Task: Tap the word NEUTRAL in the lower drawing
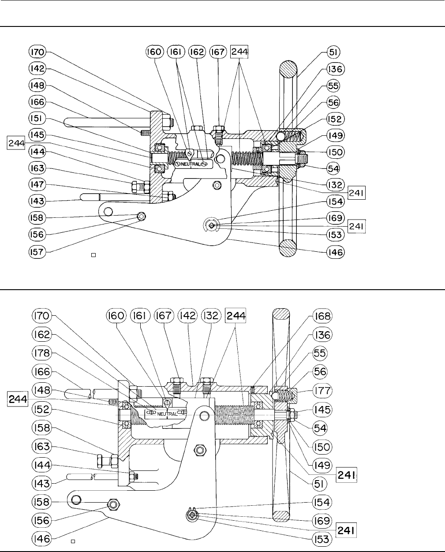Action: (x=167, y=414)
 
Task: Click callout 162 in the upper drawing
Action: (x=197, y=52)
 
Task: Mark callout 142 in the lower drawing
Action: (x=187, y=316)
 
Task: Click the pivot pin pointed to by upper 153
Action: (x=212, y=226)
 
